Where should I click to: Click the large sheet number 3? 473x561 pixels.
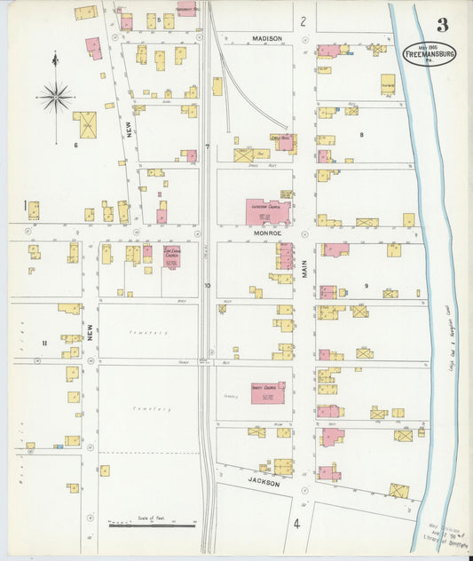point(441,24)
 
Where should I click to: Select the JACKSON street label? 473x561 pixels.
point(264,483)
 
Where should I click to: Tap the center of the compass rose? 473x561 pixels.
point(56,95)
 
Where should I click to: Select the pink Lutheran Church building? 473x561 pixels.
point(267,212)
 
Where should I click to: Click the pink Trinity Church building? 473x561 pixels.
point(268,392)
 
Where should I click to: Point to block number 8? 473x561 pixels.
point(361,134)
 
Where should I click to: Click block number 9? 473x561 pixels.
point(365,285)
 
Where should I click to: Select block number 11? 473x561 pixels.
point(43,343)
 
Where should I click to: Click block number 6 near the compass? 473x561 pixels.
point(76,145)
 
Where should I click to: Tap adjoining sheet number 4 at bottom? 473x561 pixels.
point(297,524)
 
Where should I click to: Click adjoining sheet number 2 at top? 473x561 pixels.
point(303,20)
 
